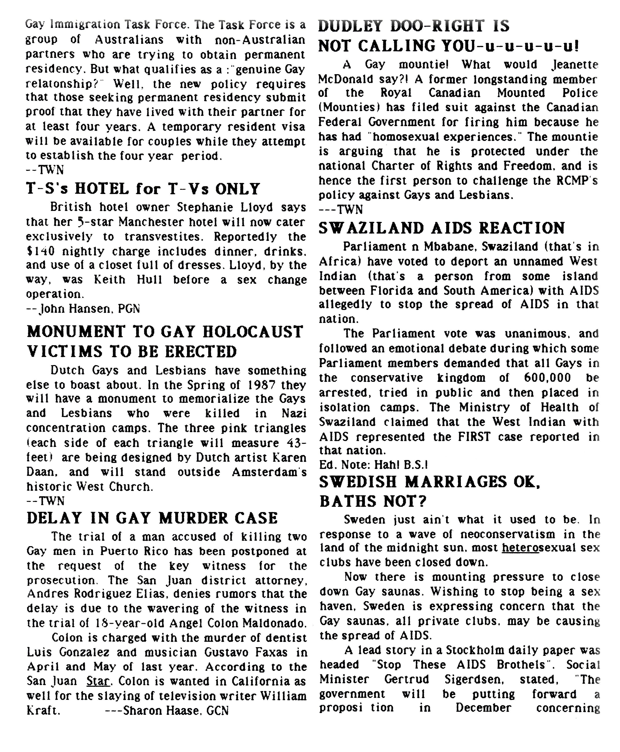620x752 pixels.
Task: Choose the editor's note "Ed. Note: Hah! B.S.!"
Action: (373, 465)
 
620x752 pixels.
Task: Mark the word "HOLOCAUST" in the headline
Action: (250, 332)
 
